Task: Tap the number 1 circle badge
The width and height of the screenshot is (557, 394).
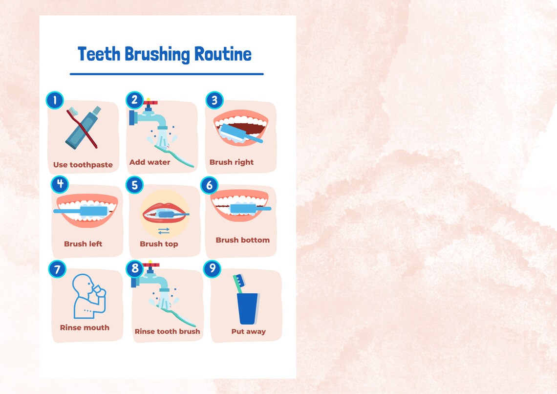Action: [55, 101]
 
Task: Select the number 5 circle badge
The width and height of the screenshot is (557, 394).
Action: [135, 185]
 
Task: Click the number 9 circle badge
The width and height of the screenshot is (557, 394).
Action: [212, 269]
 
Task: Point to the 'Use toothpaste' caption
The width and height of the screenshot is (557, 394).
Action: [83, 165]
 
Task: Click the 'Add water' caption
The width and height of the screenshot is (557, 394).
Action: [150, 162]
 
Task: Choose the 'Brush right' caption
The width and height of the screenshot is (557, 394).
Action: [232, 162]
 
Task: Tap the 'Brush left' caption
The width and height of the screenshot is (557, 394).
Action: [83, 243]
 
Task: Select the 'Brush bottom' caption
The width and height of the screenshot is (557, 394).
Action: [242, 240]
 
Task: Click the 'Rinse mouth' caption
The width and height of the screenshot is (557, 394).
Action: [85, 328]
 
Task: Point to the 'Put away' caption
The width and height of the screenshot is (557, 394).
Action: [248, 331]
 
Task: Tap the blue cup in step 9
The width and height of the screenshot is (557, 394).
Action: [248, 308]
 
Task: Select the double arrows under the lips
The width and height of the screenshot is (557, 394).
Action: [164, 231]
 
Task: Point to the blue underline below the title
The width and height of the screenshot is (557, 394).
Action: [167, 74]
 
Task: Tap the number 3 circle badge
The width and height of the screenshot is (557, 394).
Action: [214, 101]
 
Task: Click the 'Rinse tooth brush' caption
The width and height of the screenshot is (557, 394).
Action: [167, 331]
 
